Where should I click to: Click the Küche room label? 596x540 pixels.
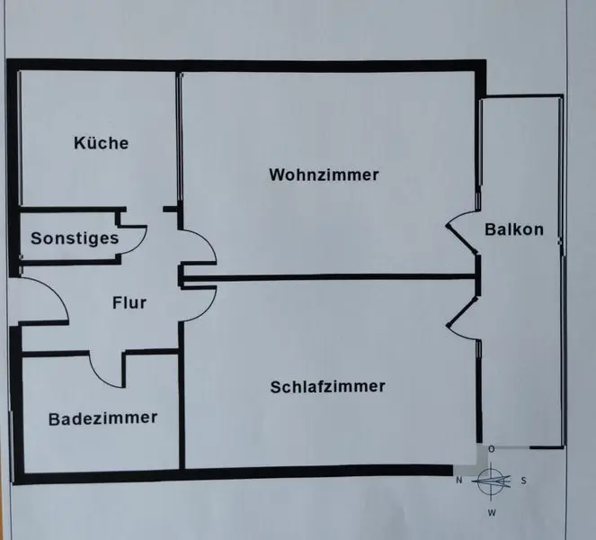pyautogui.click(x=102, y=143)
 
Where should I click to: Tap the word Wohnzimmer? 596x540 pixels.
pyautogui.click(x=324, y=175)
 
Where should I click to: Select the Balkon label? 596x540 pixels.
pyautogui.click(x=514, y=229)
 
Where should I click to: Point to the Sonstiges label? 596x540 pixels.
pyautogui.click(x=75, y=238)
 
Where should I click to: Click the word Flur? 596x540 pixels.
pyautogui.click(x=129, y=302)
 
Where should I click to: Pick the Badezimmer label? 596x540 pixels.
pyautogui.click(x=103, y=418)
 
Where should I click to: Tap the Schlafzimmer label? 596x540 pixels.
pyautogui.click(x=327, y=387)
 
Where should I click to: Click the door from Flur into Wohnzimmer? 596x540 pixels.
pyautogui.click(x=198, y=247)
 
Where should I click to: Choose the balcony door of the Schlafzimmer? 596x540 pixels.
pyautogui.click(x=462, y=314)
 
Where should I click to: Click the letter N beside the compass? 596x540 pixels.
pyautogui.click(x=458, y=481)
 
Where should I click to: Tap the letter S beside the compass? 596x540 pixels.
pyautogui.click(x=524, y=481)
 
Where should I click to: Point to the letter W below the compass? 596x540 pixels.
pyautogui.click(x=492, y=513)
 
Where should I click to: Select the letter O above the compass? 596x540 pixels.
pyautogui.click(x=491, y=448)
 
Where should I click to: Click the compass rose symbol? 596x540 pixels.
pyautogui.click(x=492, y=481)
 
